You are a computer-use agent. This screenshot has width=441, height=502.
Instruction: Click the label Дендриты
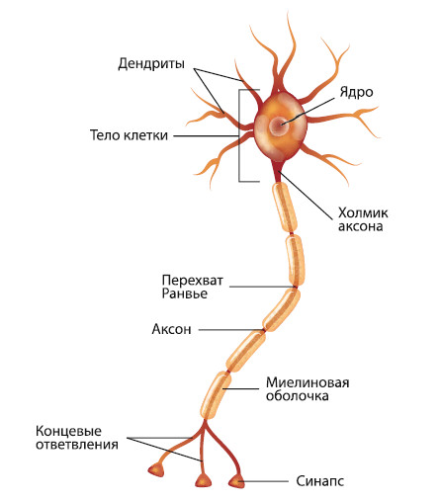pyautogui.click(x=151, y=63)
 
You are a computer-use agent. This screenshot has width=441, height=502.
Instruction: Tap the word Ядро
pyautogui.click(x=357, y=92)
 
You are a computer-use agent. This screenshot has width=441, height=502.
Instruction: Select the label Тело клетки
pyautogui.click(x=129, y=135)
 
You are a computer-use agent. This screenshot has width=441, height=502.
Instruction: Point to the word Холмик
pyautogui.click(x=363, y=212)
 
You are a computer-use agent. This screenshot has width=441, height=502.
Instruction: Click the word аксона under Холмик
pyautogui.click(x=361, y=226)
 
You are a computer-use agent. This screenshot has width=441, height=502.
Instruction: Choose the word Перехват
pyautogui.click(x=193, y=281)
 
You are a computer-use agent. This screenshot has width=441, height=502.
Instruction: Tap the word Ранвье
pyautogui.click(x=185, y=293)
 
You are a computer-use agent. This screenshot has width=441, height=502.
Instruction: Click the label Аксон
pyautogui.click(x=171, y=329)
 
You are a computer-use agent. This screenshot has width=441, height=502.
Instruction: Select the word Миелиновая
pyautogui.click(x=308, y=382)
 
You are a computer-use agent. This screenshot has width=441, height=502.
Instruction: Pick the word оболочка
pyautogui.click(x=298, y=396)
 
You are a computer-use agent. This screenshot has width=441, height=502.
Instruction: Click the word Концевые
pyautogui.click(x=68, y=431)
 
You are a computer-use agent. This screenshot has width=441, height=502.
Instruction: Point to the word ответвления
pyautogui.click(x=77, y=445)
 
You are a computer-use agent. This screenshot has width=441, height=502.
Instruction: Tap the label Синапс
pyautogui.click(x=319, y=481)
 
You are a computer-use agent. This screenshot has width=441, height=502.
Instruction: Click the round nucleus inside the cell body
pyautogui.click(x=279, y=125)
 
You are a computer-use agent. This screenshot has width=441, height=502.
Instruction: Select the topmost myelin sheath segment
pyautogui.click(x=285, y=208)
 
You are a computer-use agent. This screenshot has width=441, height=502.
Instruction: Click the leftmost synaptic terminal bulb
pyautogui.click(x=156, y=469)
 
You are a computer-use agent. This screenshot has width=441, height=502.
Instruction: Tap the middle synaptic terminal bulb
pyautogui.click(x=204, y=480)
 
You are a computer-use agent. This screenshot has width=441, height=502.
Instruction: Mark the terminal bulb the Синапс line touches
pyautogui.click(x=237, y=481)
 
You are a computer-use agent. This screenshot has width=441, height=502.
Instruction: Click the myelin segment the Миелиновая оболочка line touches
pyautogui.click(x=216, y=394)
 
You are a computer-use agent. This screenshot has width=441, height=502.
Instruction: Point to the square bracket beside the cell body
pyautogui.click(x=239, y=135)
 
